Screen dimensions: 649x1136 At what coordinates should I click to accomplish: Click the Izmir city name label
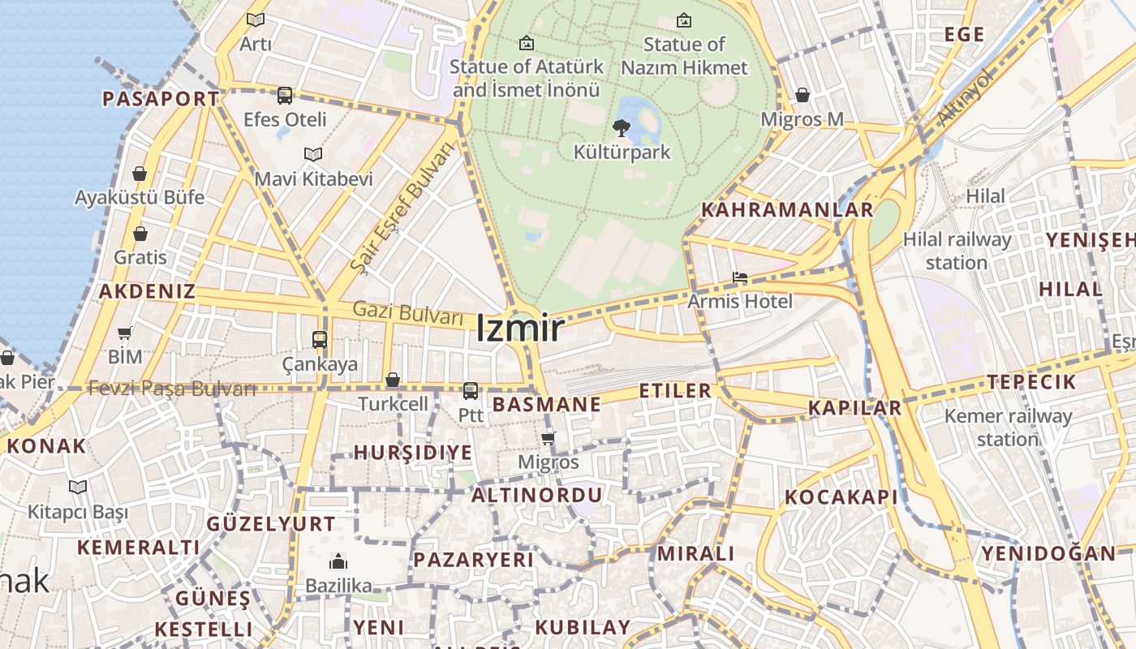519,329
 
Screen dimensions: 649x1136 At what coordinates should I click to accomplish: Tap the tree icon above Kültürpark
622,127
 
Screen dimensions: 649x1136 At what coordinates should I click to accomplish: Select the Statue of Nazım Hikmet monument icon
684,20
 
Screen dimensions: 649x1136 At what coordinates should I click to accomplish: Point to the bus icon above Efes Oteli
285,96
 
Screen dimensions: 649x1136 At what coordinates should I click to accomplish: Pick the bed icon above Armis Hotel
739,278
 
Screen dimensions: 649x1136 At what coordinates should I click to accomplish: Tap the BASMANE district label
547,404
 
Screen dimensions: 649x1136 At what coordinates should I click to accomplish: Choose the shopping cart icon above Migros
548,439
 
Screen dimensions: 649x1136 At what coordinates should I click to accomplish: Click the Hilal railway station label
957,251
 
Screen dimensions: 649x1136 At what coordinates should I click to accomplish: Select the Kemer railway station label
1008,428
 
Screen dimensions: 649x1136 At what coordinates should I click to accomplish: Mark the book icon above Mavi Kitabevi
313,154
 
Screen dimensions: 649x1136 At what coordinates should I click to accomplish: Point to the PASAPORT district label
161,99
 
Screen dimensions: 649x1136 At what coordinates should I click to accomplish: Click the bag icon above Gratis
140,234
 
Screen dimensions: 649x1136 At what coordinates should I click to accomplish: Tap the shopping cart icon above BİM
125,333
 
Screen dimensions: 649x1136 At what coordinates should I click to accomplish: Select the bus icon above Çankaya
320,340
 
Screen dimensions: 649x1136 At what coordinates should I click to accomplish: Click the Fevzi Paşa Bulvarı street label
172,389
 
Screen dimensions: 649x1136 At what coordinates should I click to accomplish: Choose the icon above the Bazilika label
338,561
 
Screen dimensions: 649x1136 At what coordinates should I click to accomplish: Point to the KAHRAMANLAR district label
786,210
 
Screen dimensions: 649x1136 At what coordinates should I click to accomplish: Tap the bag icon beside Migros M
803,96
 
